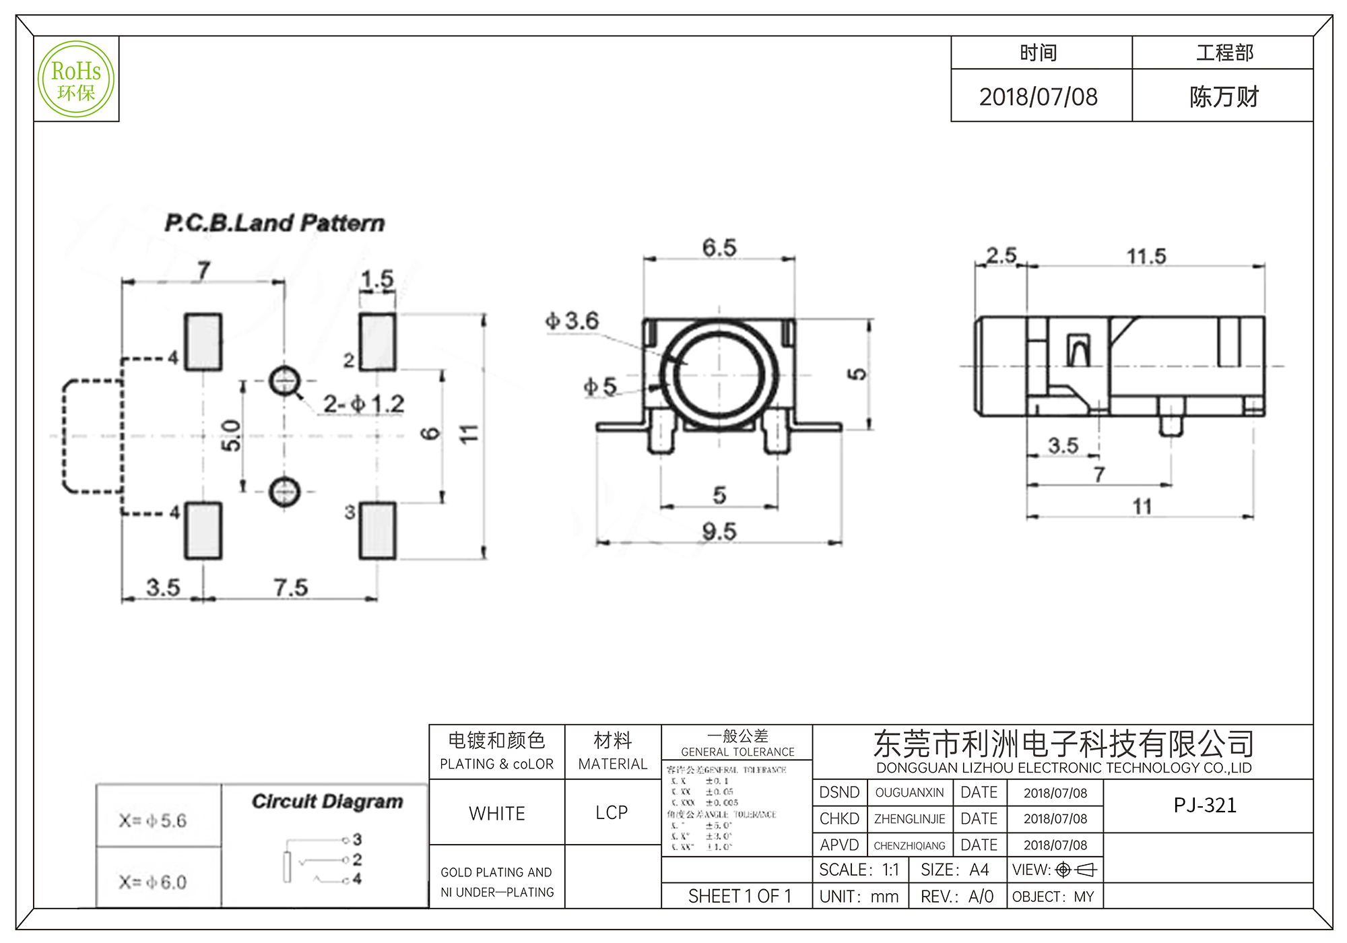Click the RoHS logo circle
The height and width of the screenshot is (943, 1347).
click(76, 79)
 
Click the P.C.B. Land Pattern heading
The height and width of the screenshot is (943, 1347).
click(275, 223)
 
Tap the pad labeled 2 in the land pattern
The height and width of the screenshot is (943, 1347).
click(377, 342)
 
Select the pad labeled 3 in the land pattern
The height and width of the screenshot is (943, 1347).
click(377, 531)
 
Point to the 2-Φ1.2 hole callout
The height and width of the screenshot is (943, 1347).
click(364, 404)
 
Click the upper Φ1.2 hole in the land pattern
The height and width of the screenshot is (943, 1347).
click(284, 381)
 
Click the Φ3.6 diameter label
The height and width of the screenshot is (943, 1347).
click(572, 321)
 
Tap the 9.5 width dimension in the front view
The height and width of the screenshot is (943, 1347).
click(719, 532)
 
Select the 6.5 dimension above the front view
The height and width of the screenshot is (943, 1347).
click(719, 247)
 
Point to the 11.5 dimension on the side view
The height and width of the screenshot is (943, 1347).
click(1146, 256)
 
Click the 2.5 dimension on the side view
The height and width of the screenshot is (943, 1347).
click(1001, 255)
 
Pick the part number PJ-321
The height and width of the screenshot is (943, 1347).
click(1205, 806)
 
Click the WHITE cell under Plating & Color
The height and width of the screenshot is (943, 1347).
click(497, 814)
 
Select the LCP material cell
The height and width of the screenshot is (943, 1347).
click(612, 813)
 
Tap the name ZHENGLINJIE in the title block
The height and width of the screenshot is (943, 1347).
click(909, 819)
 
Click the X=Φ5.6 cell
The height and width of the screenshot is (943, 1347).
click(153, 820)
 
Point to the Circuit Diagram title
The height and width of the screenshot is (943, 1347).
click(327, 802)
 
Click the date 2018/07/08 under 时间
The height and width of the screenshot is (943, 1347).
click(1038, 97)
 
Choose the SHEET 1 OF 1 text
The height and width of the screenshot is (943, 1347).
click(740, 897)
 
